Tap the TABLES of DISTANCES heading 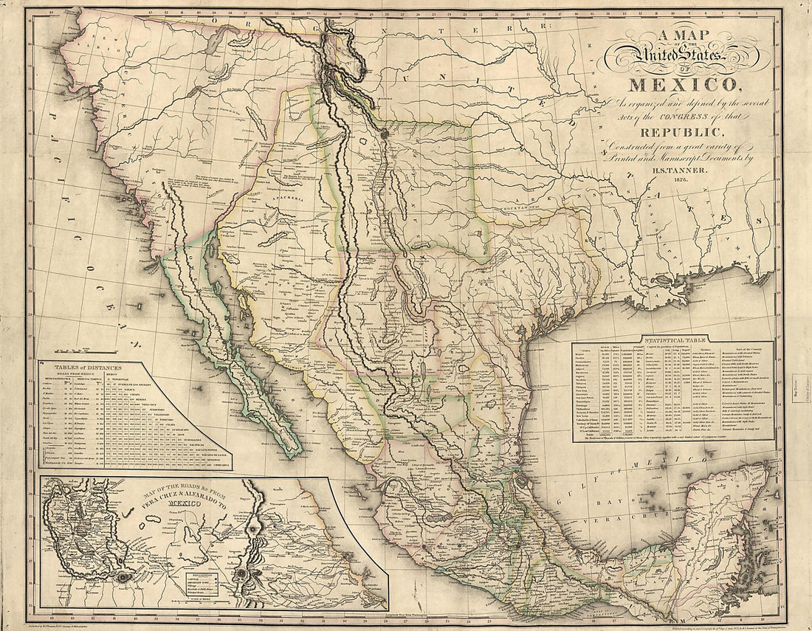87,367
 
